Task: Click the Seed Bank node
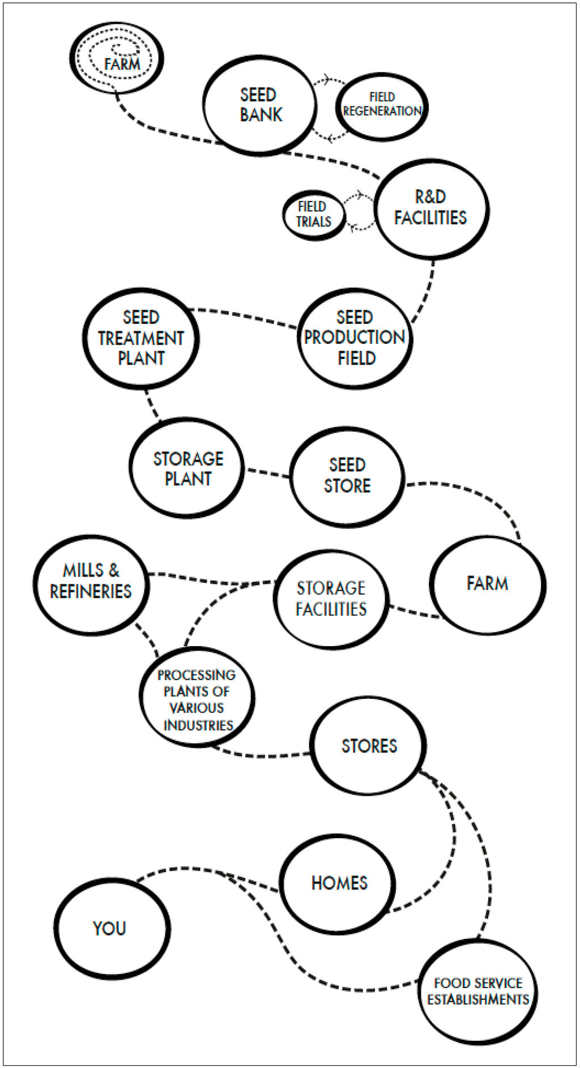click(259, 105)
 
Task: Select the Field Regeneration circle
click(382, 106)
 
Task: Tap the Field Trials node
click(313, 215)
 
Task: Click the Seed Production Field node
click(355, 338)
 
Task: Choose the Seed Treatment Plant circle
click(141, 338)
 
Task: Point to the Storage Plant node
click(187, 468)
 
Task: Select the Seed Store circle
click(347, 476)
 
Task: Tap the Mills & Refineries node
click(91, 584)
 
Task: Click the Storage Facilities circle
click(331, 599)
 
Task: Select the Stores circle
click(369, 746)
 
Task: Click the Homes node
click(339, 883)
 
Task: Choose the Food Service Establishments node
click(478, 991)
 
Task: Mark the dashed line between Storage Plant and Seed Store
click(267, 472)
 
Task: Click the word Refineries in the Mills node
click(91, 592)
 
